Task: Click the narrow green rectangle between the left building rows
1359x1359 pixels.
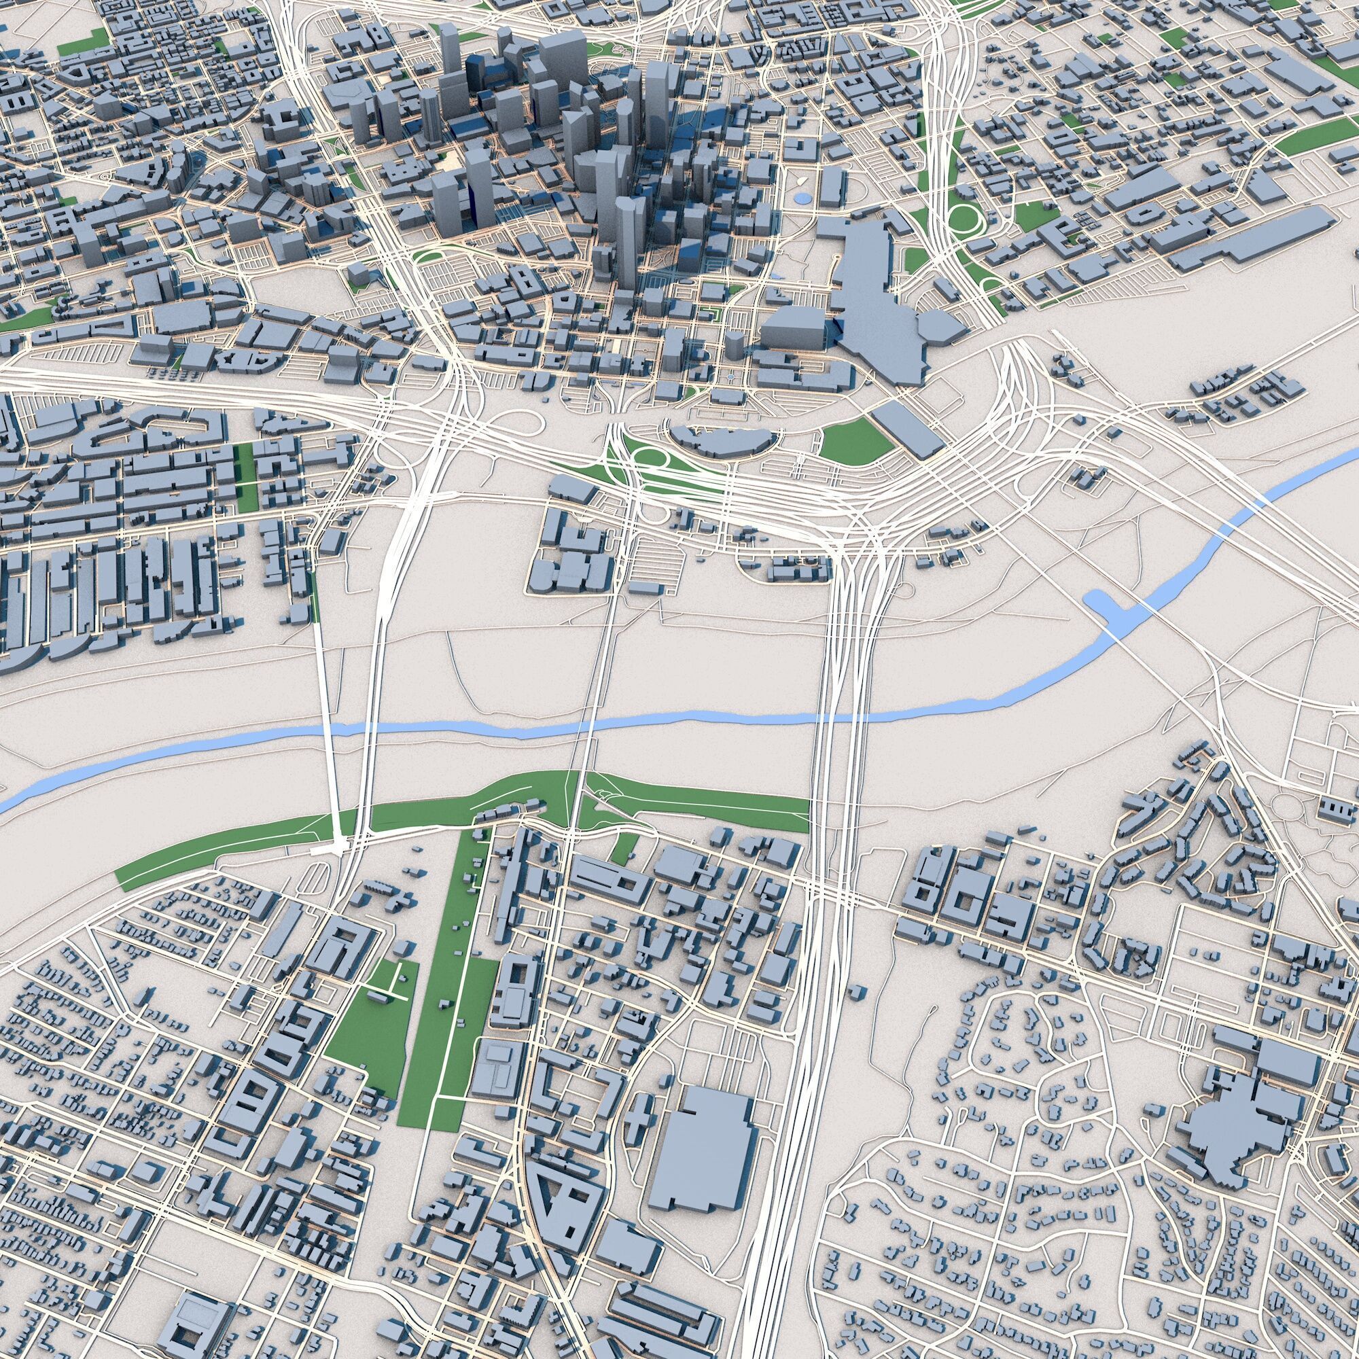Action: tap(246, 478)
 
